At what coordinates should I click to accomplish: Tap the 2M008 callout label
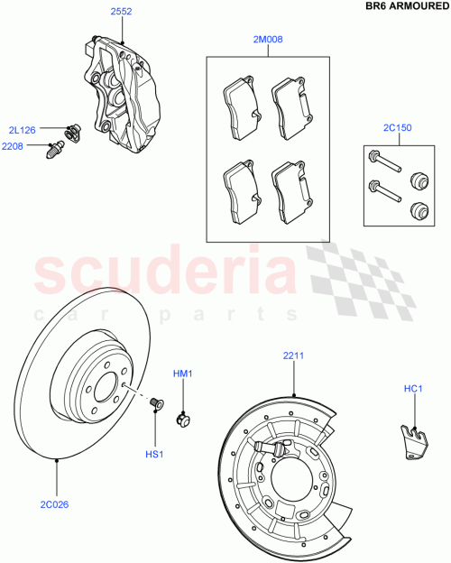[269, 40]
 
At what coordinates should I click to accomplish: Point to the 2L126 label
[23, 130]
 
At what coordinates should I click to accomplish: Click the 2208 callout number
[13, 145]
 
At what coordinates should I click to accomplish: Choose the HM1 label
[184, 373]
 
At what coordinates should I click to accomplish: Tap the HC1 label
[413, 389]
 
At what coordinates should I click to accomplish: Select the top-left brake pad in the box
[239, 100]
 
